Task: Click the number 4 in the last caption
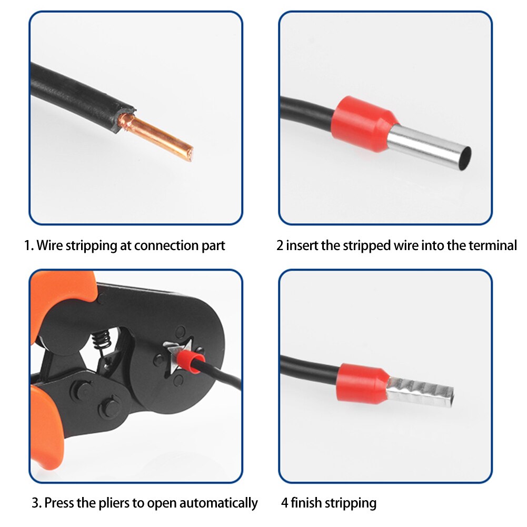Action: (284, 503)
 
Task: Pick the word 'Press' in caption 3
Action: (58, 503)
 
